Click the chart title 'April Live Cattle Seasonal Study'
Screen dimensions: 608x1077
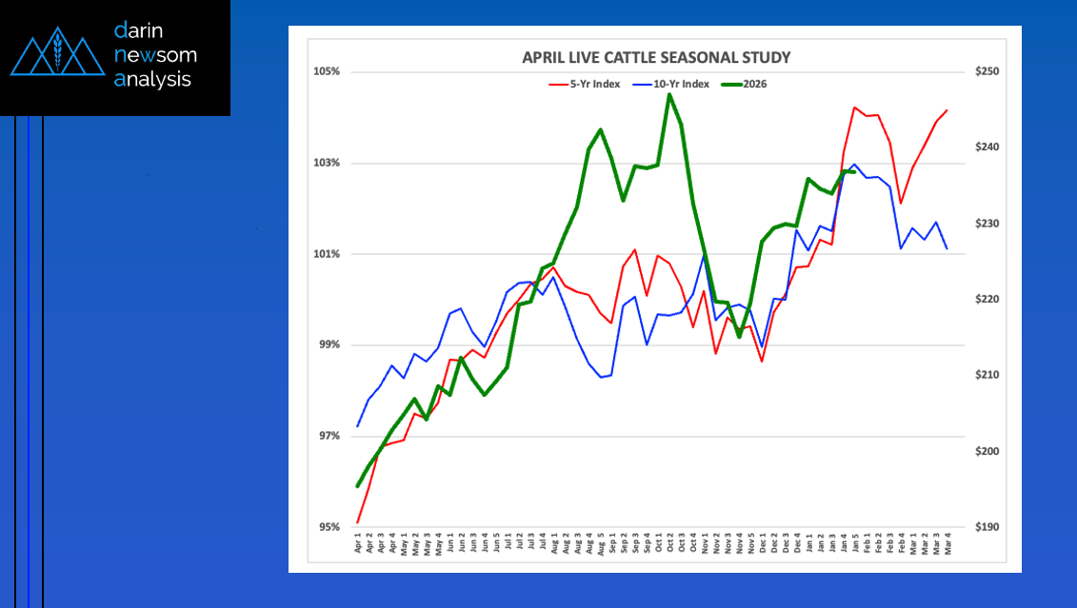pos(656,57)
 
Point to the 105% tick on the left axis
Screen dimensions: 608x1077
pos(327,72)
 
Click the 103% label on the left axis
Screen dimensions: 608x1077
pos(327,163)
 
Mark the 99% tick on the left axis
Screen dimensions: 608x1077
pos(329,344)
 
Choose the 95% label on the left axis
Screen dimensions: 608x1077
pos(329,527)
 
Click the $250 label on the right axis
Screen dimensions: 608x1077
pos(986,72)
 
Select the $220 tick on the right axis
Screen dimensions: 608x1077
pos(986,299)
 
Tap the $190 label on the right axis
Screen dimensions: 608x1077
pos(986,527)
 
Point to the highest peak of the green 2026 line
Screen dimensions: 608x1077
pos(669,94)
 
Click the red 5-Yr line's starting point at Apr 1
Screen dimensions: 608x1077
pos(358,522)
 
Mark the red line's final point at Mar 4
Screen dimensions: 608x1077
pos(947,110)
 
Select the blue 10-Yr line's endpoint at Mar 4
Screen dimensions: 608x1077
pos(947,248)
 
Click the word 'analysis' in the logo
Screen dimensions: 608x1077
pos(153,80)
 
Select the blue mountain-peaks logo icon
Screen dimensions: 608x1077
pos(57,57)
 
